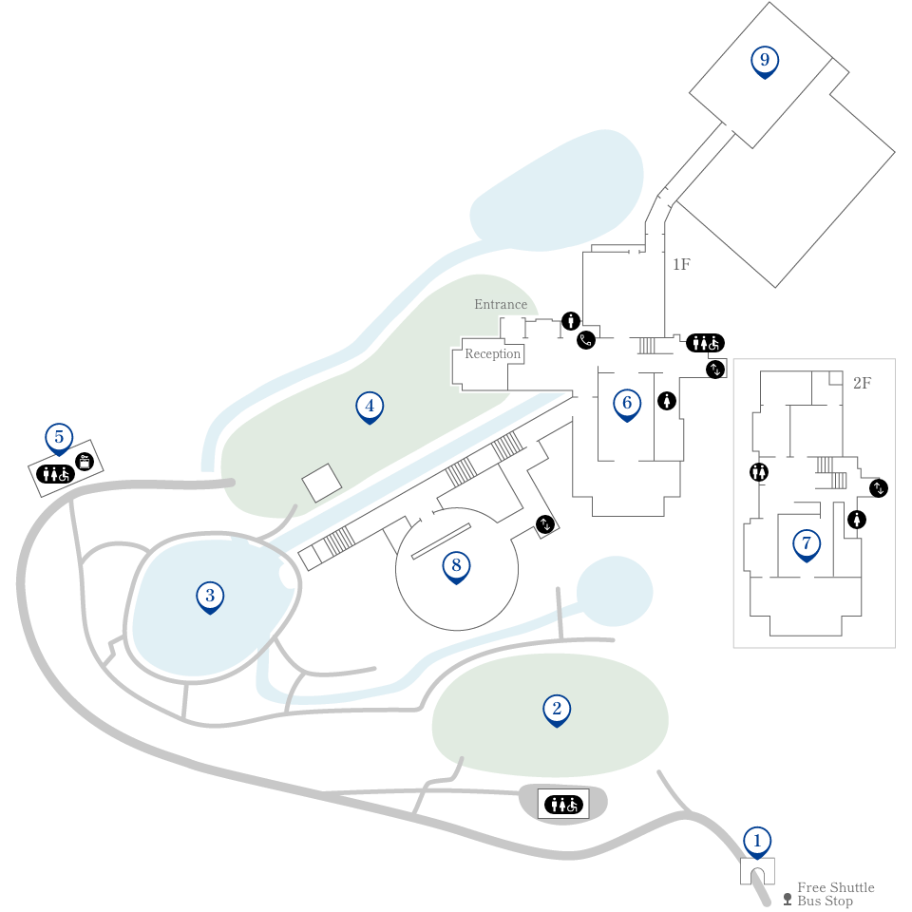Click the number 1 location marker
[757, 843]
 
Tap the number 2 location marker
[557, 711]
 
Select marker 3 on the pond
[210, 597]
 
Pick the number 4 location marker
[370, 408]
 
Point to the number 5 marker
[59, 439]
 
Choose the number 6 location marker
[627, 405]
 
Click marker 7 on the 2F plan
[807, 545]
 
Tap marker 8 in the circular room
[456, 566]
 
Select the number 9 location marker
[765, 61]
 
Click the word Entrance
[501, 304]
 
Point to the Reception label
[493, 353]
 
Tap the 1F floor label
[682, 265]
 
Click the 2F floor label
[862, 383]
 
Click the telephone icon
[586, 340]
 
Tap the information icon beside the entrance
[571, 320]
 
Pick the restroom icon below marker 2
[563, 805]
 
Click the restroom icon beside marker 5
[55, 475]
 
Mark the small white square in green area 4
[322, 483]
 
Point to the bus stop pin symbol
[788, 900]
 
